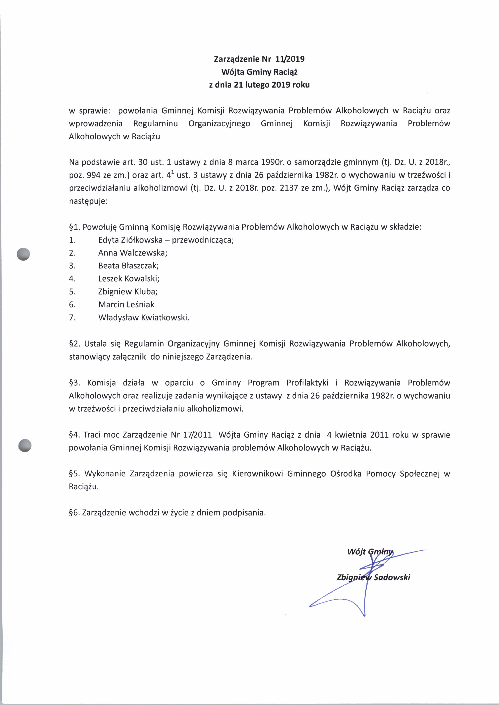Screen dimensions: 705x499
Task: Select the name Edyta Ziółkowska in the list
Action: pyautogui.click(x=130, y=240)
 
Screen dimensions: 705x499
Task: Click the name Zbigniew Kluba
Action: pyautogui.click(x=128, y=291)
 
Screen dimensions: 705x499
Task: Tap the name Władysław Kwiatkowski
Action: pyautogui.click(x=143, y=317)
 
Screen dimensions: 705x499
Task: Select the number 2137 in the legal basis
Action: pyautogui.click(x=289, y=188)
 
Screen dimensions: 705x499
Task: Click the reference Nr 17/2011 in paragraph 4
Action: pyautogui.click(x=191, y=435)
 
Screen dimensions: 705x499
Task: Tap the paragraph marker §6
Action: pyautogui.click(x=74, y=513)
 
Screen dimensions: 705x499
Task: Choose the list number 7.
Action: pyautogui.click(x=72, y=317)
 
